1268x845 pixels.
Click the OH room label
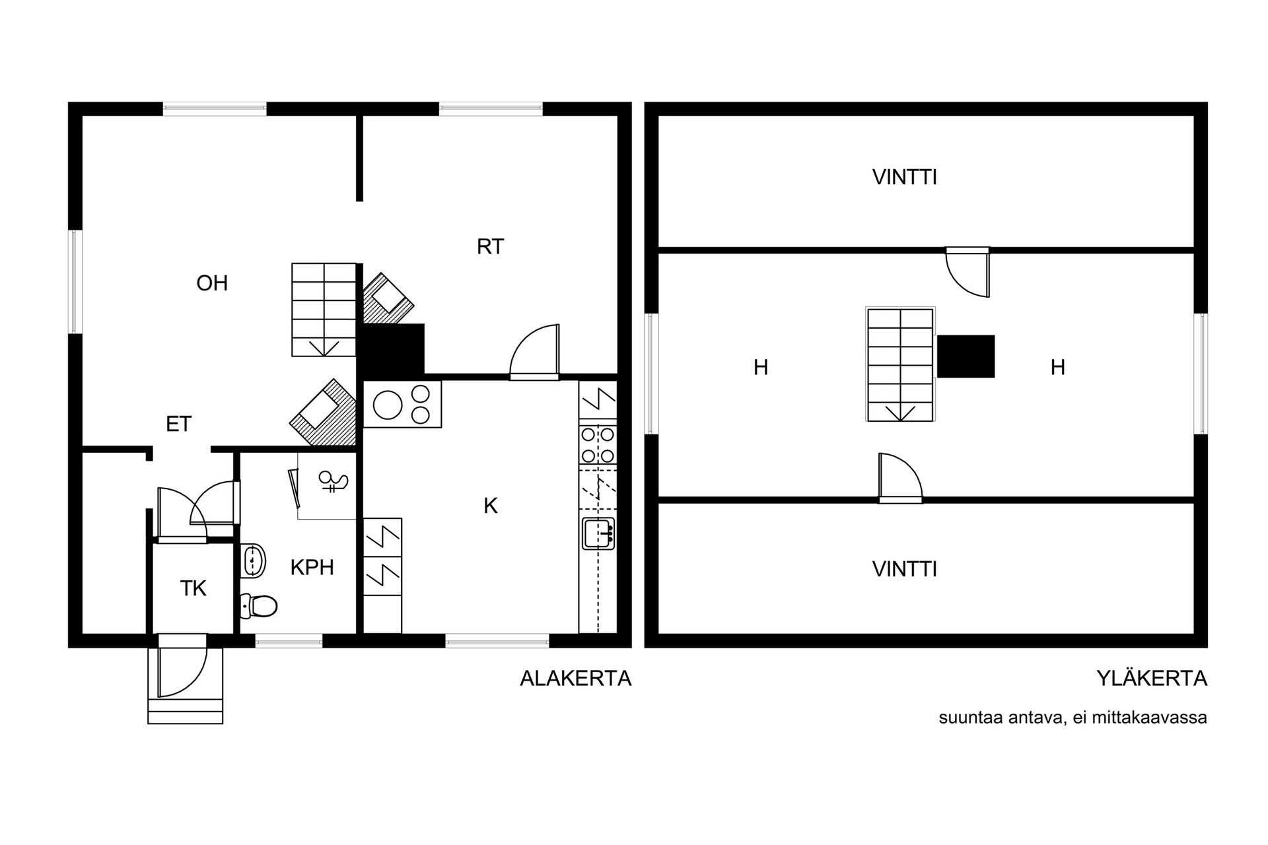click(x=212, y=283)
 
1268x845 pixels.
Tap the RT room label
click(x=490, y=247)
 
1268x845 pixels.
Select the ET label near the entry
click(x=178, y=424)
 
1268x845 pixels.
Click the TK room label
click(x=193, y=588)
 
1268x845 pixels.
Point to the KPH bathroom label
click(x=312, y=567)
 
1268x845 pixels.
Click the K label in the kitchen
click(x=490, y=506)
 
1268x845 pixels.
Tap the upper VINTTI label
click(x=904, y=178)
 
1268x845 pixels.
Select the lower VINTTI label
click(x=904, y=569)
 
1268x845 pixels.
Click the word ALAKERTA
click(x=575, y=679)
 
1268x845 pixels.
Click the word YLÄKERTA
click(x=1152, y=678)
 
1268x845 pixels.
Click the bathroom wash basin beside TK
click(x=252, y=562)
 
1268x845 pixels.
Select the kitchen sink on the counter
click(x=598, y=533)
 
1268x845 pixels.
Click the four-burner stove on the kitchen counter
click(x=598, y=445)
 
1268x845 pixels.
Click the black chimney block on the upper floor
click(x=966, y=356)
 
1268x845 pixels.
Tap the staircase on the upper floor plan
click(x=900, y=364)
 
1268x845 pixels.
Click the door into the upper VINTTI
click(x=968, y=272)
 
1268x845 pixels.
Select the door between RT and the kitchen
click(x=534, y=352)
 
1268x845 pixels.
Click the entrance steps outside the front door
click(x=185, y=710)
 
